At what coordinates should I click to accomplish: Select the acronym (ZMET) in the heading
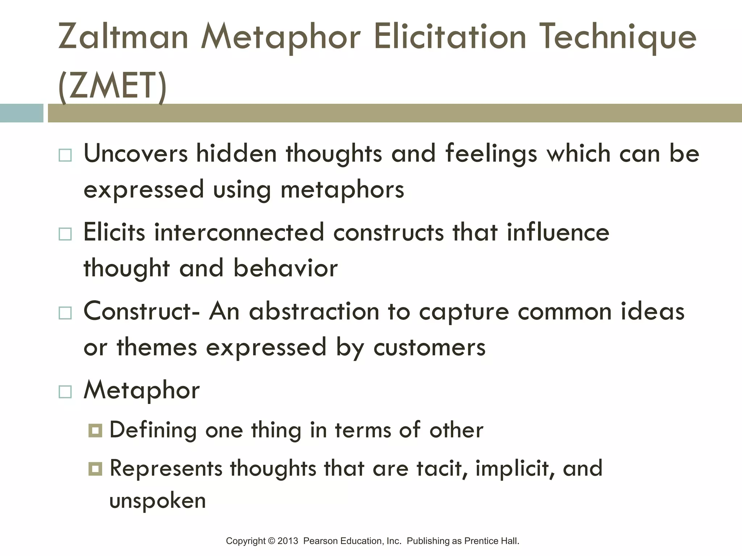pyautogui.click(x=112, y=85)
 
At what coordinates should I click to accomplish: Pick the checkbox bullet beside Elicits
pyautogui.click(x=65, y=234)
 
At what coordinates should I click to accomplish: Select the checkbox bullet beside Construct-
pyautogui.click(x=65, y=313)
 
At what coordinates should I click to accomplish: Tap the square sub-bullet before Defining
pyautogui.click(x=95, y=431)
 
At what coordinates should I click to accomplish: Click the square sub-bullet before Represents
pyautogui.click(x=95, y=469)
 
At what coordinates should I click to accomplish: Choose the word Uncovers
pyautogui.click(x=136, y=153)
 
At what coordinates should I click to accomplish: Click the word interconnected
pyautogui.click(x=239, y=232)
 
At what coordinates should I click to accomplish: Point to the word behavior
pyautogui.click(x=285, y=269)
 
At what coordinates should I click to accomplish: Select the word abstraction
pyautogui.click(x=314, y=311)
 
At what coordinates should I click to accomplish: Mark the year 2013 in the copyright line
pyautogui.click(x=288, y=541)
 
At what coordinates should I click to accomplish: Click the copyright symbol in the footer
pyautogui.click(x=271, y=541)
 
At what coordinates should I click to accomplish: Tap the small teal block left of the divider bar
pyautogui.click(x=21, y=113)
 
